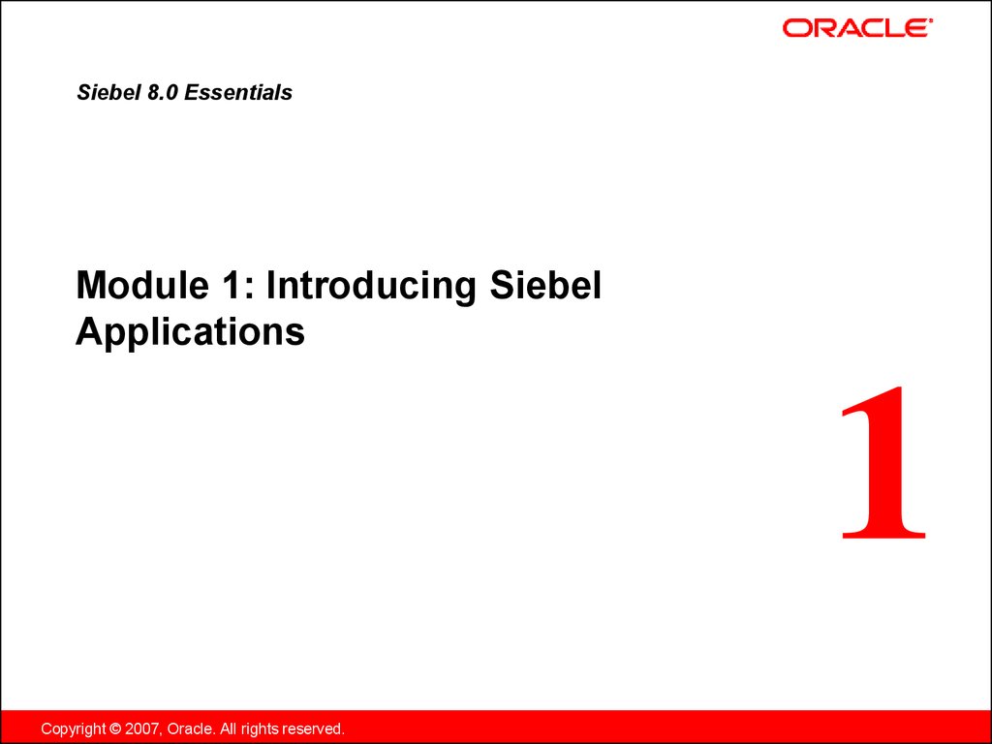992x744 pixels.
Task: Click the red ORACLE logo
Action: pos(857,28)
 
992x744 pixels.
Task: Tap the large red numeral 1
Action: pos(884,463)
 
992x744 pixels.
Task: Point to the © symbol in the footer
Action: pos(115,728)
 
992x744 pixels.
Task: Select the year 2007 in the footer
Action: pos(143,728)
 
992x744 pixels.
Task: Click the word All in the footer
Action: pos(228,728)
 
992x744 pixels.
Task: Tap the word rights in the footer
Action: pos(260,729)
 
